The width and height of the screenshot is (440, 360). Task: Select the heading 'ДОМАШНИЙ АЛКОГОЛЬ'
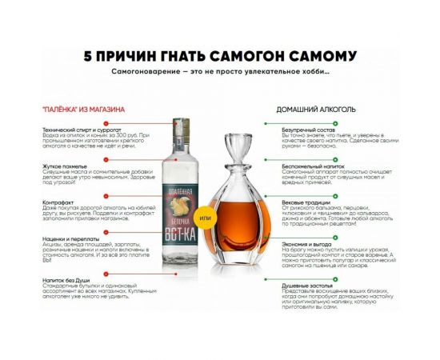(316, 109)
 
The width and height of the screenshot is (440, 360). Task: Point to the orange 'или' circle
(206, 218)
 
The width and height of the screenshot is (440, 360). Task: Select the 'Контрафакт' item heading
(61, 202)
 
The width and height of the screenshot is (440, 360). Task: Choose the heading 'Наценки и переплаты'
(73, 239)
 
